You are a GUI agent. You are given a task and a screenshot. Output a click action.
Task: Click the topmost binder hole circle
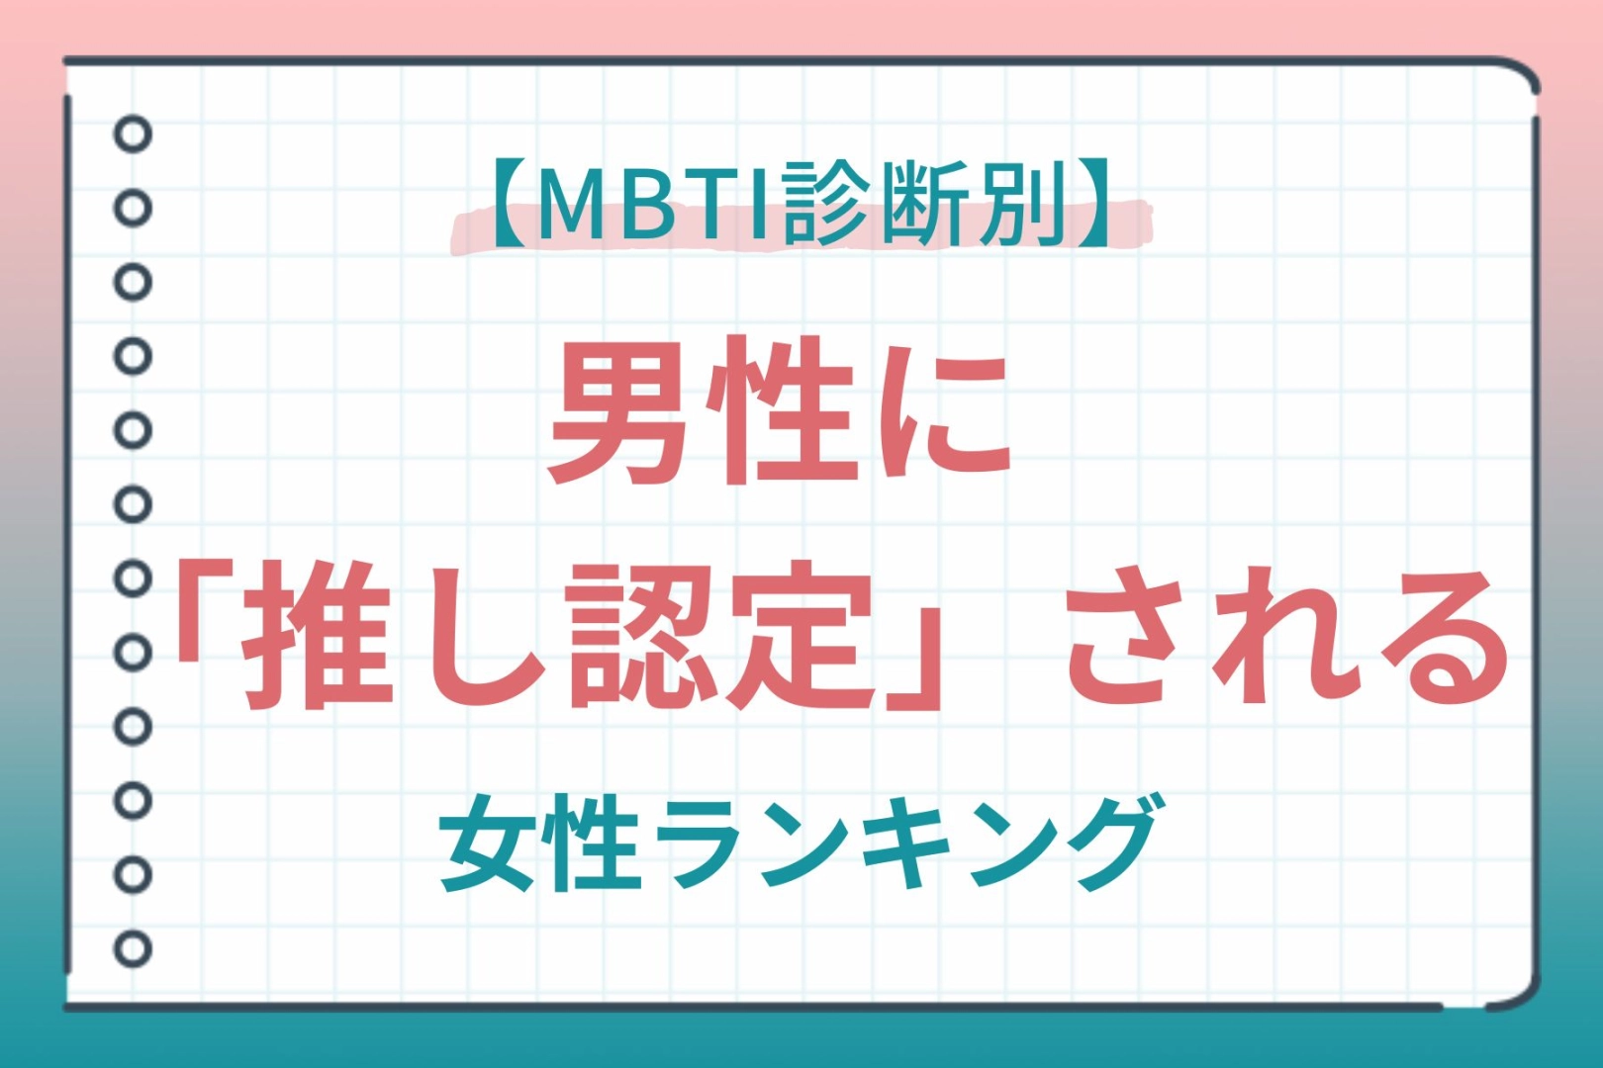click(134, 133)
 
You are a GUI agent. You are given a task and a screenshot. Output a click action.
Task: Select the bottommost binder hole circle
click(134, 948)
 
